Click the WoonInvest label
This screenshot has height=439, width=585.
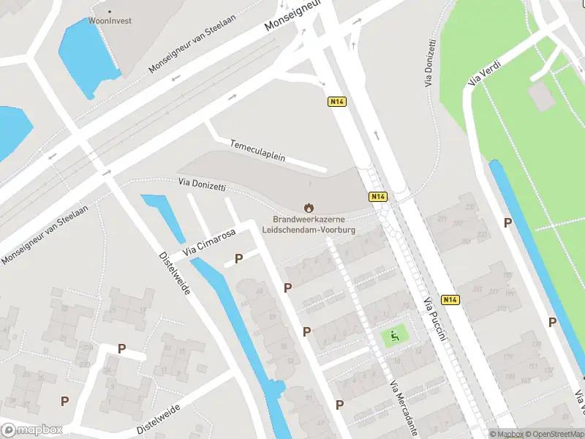pos(110,20)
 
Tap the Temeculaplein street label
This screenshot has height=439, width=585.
pos(257,151)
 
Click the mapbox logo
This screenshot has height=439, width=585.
pos(32,430)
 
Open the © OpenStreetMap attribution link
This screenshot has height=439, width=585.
pos(555,434)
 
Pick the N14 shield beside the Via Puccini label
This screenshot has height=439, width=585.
pos(451,300)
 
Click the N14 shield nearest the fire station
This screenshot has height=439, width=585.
pos(377,197)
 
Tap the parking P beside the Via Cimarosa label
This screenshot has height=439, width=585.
pos(238,258)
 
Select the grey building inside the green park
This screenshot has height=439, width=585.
pos(542,95)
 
